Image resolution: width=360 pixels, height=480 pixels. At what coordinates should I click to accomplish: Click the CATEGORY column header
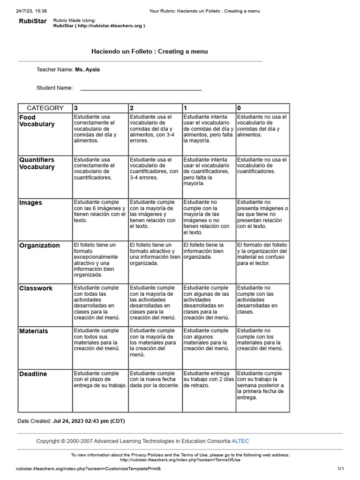coord(45,108)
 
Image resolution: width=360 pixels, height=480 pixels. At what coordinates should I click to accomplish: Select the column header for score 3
coord(76,108)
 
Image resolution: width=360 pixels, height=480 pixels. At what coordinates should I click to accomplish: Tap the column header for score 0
coord(239,108)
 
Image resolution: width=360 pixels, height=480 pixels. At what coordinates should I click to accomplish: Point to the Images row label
coord(31,203)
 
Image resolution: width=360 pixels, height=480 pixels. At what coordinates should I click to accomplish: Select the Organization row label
coord(39,246)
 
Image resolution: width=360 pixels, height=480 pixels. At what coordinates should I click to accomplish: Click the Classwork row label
coord(36,288)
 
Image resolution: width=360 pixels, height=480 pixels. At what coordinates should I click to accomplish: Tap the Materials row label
coord(34,331)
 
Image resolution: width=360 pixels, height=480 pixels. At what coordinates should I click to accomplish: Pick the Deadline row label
coord(33,374)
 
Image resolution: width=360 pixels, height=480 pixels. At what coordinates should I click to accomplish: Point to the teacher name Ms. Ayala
coord(87,70)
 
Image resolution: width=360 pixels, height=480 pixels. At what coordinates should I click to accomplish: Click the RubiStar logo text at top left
coord(32,21)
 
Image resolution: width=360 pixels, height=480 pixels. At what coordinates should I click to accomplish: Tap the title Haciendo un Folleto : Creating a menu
coord(150,52)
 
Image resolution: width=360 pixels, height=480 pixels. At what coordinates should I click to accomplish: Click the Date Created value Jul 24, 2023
coord(89,421)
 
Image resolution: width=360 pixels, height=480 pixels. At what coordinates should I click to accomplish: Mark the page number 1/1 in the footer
coord(341,469)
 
